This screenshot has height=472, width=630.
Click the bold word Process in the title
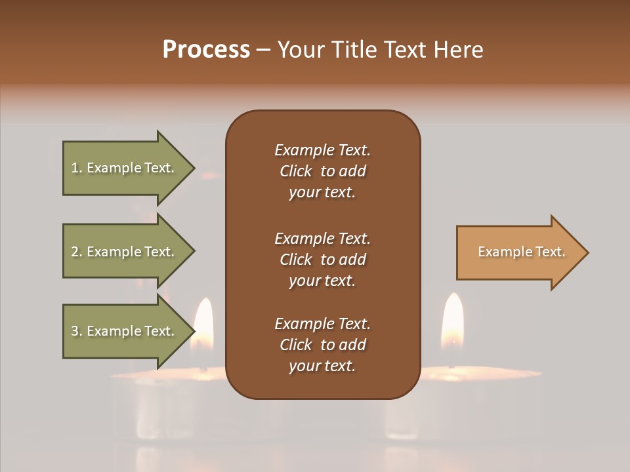206,50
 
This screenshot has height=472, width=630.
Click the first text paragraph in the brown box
322,171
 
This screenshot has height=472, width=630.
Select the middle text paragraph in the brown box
322,260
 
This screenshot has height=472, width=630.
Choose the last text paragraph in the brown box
322,345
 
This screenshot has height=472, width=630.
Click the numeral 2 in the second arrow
74,252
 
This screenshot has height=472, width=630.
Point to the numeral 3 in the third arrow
74,331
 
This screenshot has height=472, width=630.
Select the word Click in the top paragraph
296,171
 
